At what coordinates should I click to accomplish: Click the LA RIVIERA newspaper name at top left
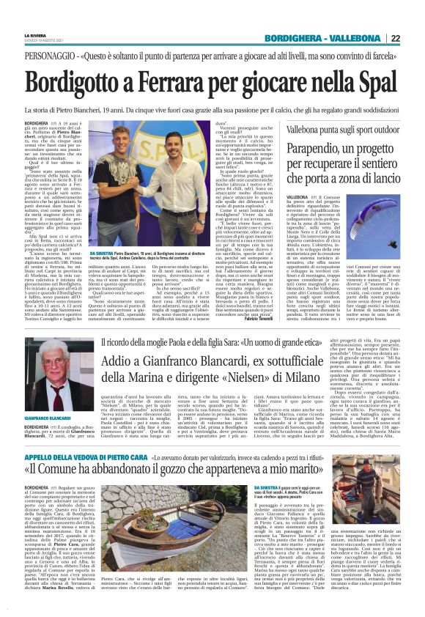(35, 36)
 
